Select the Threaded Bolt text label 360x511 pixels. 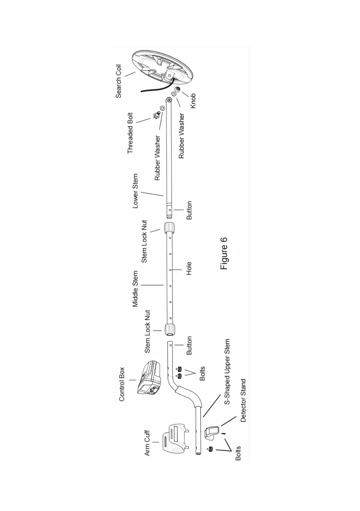[x=130, y=133]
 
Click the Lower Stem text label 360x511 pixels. [x=136, y=191]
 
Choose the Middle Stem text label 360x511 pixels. [x=136, y=289]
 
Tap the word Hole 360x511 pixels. [x=189, y=268]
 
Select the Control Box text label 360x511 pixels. [x=122, y=384]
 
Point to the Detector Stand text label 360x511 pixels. [x=243, y=400]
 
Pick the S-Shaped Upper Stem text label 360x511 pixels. [x=228, y=372]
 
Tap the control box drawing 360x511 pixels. [x=149, y=377]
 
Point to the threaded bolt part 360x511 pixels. [x=157, y=115]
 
